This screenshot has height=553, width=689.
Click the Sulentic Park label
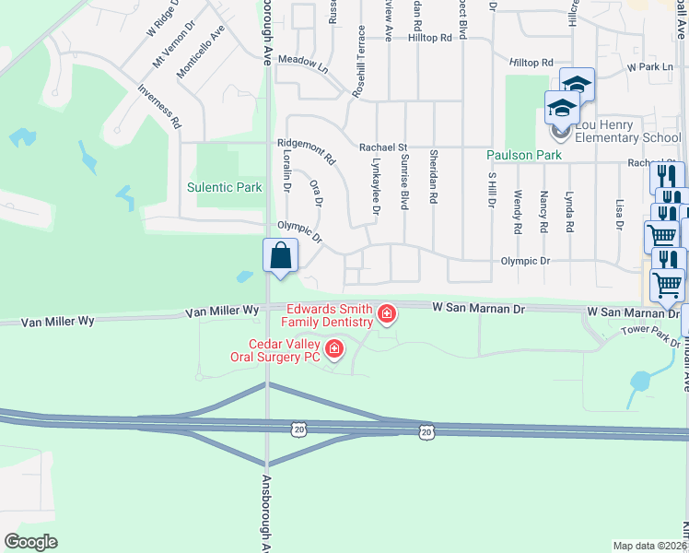click(225, 187)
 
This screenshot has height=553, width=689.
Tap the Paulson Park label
click(524, 155)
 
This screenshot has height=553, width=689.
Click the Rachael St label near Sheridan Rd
click(383, 147)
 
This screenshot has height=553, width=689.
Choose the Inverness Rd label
click(159, 106)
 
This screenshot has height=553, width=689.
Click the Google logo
click(30, 542)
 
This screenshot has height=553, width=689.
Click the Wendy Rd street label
click(518, 211)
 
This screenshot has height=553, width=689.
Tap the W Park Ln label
click(650, 67)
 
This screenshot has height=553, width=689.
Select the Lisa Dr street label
click(620, 213)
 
